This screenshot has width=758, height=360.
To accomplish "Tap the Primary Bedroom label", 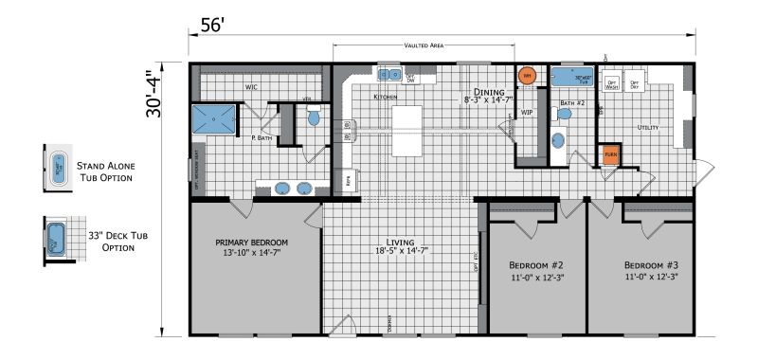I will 251,248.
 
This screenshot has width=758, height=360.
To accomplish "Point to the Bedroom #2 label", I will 537,270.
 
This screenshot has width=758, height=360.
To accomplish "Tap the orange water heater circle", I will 526,74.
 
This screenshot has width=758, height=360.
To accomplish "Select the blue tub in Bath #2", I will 571,79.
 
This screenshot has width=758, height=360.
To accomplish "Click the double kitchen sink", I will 389,73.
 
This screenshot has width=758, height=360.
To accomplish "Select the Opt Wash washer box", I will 612,83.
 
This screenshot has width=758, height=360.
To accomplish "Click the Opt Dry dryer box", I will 638,83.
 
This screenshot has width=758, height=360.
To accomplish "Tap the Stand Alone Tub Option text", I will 104,171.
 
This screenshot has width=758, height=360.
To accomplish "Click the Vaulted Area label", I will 424,45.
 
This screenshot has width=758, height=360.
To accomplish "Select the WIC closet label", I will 251,87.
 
